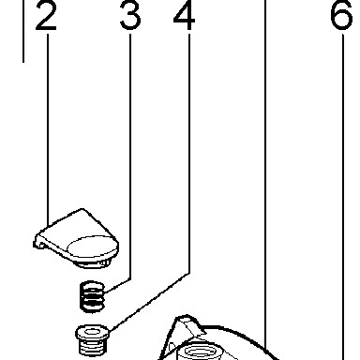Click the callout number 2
pyautogui.click(x=46, y=16)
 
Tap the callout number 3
pyautogui.click(x=130, y=16)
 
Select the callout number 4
pyautogui.click(x=185, y=16)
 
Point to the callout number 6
pyautogui.click(x=341, y=16)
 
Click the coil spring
pyautogui.click(x=92, y=296)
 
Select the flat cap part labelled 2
pyautogui.click(x=76, y=238)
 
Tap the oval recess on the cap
pyautogui.click(x=93, y=247)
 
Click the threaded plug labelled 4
pyautogui.click(x=92, y=340)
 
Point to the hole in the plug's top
pyautogui.click(x=92, y=331)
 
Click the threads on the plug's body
pyautogui.click(x=92, y=348)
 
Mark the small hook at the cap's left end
pyautogui.click(x=38, y=244)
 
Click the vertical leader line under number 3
pyautogui.click(x=130, y=157)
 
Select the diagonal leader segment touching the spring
pyautogui.click(x=117, y=286)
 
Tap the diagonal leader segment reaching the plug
pyautogui.click(x=149, y=302)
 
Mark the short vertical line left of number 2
pyautogui.click(x=23, y=31)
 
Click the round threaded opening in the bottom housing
pyautogui.click(x=200, y=351)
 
